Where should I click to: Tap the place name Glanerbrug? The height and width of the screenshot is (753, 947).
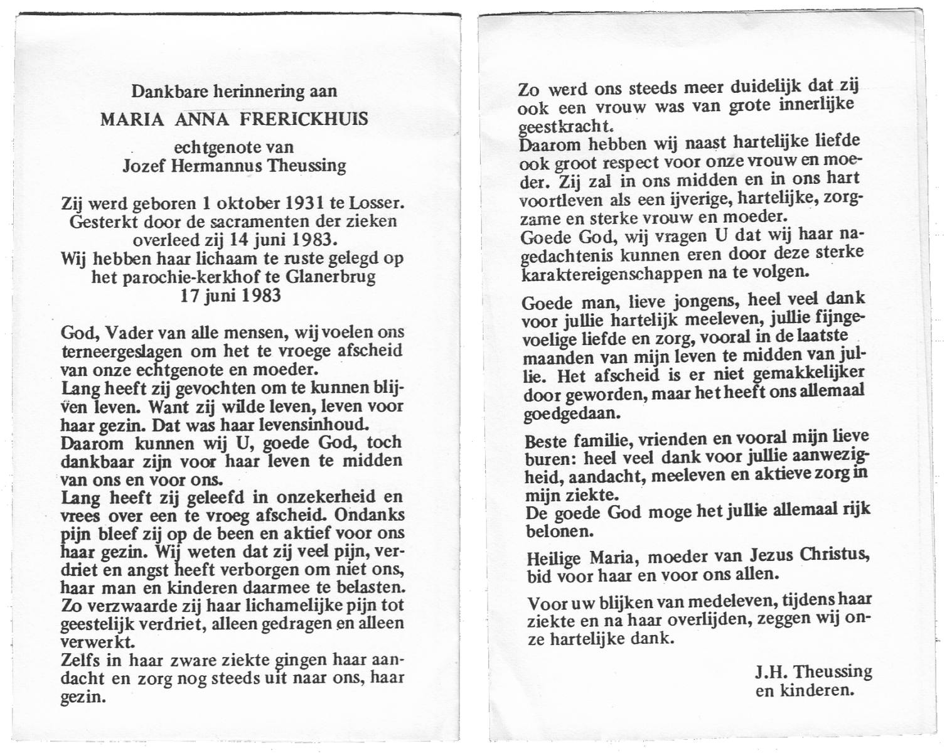pyautogui.click(x=331, y=277)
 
